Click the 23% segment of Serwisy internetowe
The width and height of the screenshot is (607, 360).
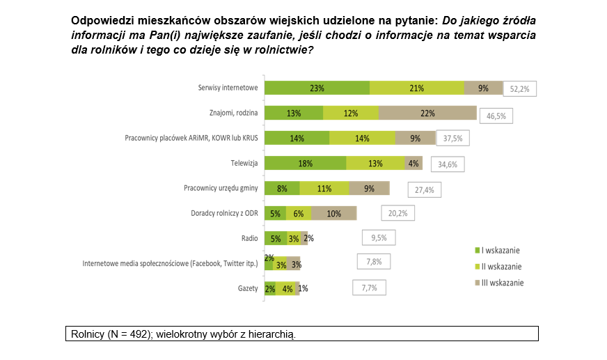coord(317,88)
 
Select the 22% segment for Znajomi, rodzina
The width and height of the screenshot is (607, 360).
coord(427,114)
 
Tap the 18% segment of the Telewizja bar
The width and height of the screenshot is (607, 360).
coord(306,163)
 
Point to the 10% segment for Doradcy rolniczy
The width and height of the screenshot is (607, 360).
coord(333,213)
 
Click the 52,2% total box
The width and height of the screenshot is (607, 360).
coord(520,89)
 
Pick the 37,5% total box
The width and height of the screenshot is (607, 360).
coord(453,139)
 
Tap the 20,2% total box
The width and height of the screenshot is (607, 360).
coord(397,213)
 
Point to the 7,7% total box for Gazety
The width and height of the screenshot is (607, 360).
coord(369,287)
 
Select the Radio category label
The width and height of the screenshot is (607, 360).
coord(250,238)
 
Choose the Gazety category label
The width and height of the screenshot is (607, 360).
coord(247,288)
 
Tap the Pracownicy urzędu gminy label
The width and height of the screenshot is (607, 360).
coord(221,188)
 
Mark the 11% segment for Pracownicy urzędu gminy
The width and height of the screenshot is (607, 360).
coord(324,188)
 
